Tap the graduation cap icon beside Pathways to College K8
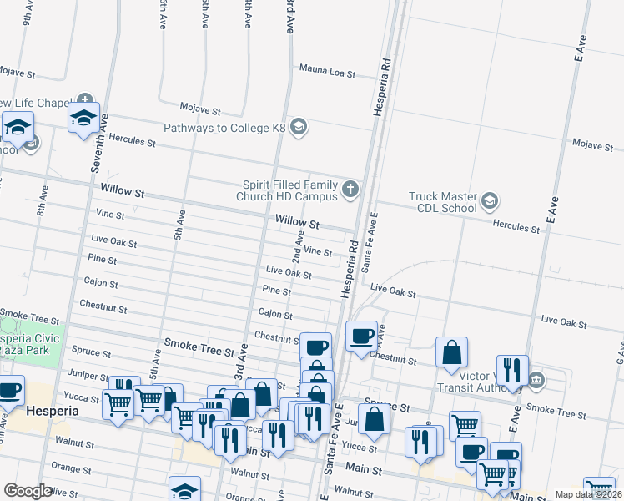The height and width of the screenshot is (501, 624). pos(299,128)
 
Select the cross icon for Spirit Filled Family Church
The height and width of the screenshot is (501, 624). pos(350,189)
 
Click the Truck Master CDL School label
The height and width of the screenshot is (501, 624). pos(443,202)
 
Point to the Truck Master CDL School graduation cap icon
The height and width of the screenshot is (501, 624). pos(490,201)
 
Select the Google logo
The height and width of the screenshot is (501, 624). pos(28,491)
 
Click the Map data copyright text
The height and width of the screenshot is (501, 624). pos(589,494)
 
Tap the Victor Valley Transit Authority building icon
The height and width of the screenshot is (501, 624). pos(536,381)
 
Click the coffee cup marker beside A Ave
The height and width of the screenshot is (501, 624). pos(360,336)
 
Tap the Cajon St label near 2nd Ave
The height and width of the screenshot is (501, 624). pos(276,315)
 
